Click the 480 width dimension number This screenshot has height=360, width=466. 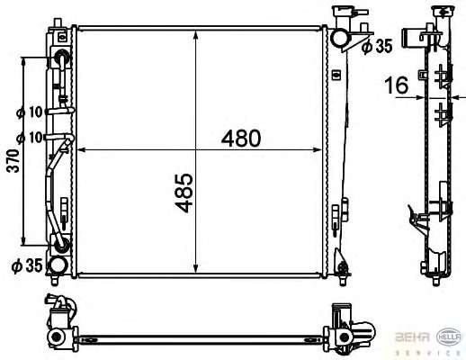coord(241,139)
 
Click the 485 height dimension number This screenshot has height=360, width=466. coord(184,193)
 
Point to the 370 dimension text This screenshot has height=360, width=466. coord(13,161)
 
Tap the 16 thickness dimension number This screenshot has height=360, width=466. coord(397,85)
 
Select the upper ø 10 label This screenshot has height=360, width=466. coord(30,112)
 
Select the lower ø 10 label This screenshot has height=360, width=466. coord(30,138)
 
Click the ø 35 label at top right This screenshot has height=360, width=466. coord(377,47)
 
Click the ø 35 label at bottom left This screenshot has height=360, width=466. coord(27,266)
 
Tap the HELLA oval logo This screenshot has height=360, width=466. coord(449,337)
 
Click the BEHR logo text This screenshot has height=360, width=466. coord(413,337)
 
